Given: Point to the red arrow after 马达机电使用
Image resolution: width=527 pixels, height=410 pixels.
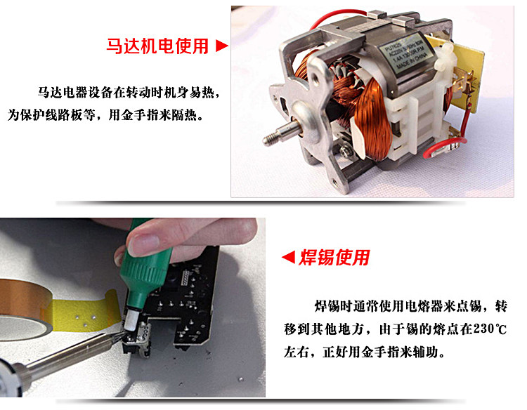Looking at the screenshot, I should pos(221,46).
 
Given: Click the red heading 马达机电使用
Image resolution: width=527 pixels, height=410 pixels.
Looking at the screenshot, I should pos(157,46).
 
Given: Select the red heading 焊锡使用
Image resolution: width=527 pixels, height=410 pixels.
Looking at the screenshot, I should pos(334,258).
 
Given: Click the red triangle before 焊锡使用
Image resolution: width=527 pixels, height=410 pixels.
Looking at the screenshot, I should pos(287,258).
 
